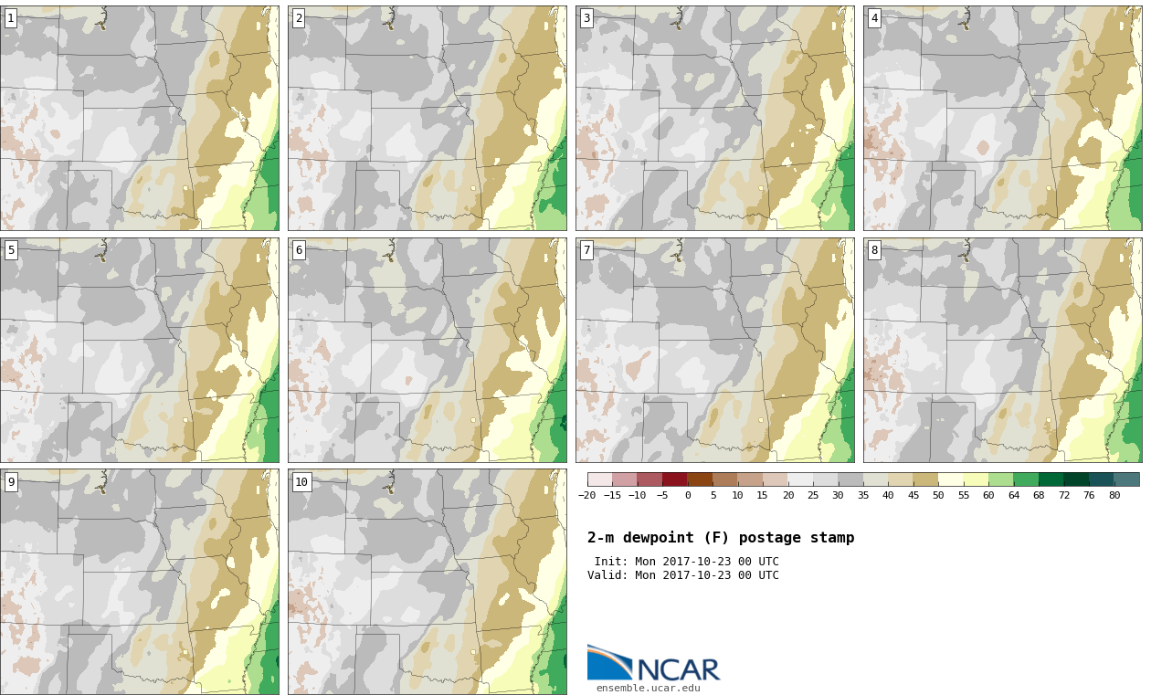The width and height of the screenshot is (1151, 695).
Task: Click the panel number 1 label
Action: [x=11, y=19]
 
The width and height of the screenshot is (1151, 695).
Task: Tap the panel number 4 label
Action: [x=874, y=19]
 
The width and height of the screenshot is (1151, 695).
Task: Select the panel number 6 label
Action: [x=299, y=250]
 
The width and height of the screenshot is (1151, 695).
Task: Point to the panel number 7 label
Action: [x=586, y=250]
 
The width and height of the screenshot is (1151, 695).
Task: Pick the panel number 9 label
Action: [x=11, y=482]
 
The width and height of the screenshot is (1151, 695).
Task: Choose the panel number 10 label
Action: [x=301, y=482]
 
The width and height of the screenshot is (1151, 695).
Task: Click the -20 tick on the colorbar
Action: [x=587, y=495]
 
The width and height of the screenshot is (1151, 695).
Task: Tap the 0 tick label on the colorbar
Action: [x=688, y=495]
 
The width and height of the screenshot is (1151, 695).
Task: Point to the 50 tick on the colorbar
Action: [x=938, y=495]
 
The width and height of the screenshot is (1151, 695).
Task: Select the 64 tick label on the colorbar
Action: [x=1014, y=495]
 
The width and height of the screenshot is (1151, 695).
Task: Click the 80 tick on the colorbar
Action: [x=1114, y=495]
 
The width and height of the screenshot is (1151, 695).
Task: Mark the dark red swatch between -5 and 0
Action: [x=675, y=479]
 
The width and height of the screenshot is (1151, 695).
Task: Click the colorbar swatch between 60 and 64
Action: [x=1001, y=479]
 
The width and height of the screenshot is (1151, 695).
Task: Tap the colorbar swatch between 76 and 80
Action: [x=1101, y=479]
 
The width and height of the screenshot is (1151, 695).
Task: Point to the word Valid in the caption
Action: [x=605, y=574]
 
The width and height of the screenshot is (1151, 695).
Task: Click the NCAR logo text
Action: [x=679, y=669]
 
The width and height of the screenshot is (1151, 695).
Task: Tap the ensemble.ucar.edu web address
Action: [x=649, y=688]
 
